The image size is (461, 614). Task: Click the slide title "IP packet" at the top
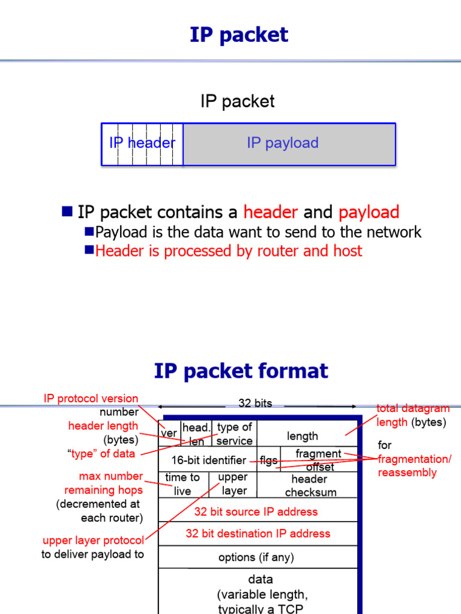point(239,35)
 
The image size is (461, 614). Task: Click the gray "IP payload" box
point(289,143)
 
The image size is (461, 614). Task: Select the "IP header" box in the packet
point(142,143)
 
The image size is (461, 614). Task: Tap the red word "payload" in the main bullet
point(369,212)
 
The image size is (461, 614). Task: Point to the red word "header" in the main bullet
point(270,212)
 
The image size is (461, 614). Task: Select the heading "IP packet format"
point(241,371)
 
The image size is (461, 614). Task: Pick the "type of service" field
point(235,434)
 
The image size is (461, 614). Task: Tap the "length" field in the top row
point(303,436)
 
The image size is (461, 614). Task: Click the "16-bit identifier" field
point(208,460)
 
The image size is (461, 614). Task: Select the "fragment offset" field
point(319,460)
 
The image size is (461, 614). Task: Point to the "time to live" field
point(182,484)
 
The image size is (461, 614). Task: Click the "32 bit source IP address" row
point(256,511)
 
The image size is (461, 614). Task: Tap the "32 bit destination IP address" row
point(258,534)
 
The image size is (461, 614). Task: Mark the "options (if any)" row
point(256,557)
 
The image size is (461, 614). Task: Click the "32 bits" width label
point(255,404)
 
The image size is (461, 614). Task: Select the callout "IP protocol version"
point(91,399)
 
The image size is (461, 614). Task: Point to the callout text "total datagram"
point(412,408)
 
